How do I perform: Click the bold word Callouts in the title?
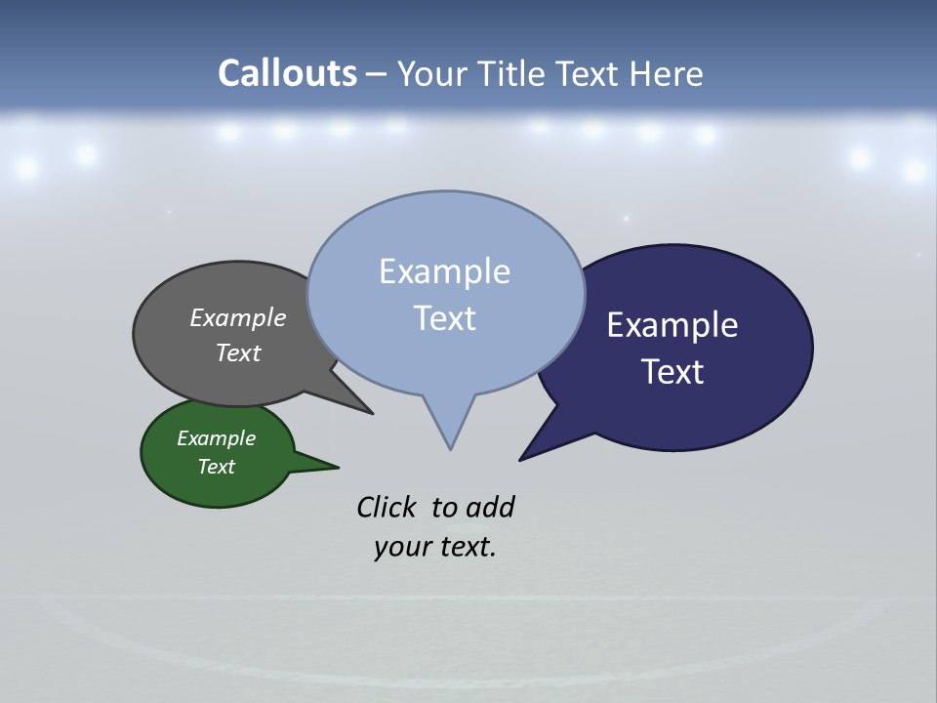287,73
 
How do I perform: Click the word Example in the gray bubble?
238,317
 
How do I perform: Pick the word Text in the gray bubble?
238,352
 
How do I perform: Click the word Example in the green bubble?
216,438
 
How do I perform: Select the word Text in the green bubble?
216,467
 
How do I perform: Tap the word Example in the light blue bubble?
444,271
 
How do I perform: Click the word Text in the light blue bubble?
444,318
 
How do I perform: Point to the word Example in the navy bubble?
672,325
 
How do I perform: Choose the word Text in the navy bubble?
672,372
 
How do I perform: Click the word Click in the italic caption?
386,508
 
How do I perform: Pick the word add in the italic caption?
490,508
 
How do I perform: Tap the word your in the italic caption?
402,547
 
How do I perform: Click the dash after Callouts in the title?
376,75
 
